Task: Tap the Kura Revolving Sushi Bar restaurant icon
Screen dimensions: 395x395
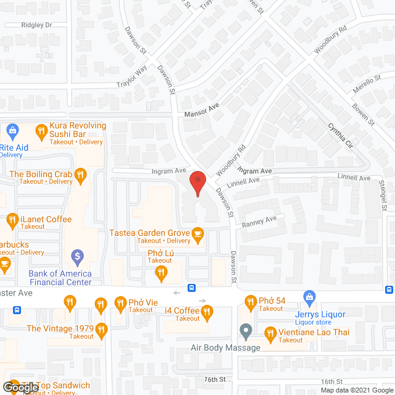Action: click(41, 130)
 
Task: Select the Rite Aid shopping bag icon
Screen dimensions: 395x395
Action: click(13, 130)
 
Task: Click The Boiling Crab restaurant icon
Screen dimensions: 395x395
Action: click(80, 175)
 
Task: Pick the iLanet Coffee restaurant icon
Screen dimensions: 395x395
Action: click(12, 219)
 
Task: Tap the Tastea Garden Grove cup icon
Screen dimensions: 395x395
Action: click(197, 233)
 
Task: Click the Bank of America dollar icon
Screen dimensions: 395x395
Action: click(77, 255)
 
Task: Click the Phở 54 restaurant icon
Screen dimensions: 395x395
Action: click(250, 302)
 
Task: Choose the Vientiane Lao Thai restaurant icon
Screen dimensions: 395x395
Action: click(270, 334)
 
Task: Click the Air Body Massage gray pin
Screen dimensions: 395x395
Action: click(246, 331)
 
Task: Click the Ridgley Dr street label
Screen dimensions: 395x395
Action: click(36, 25)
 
